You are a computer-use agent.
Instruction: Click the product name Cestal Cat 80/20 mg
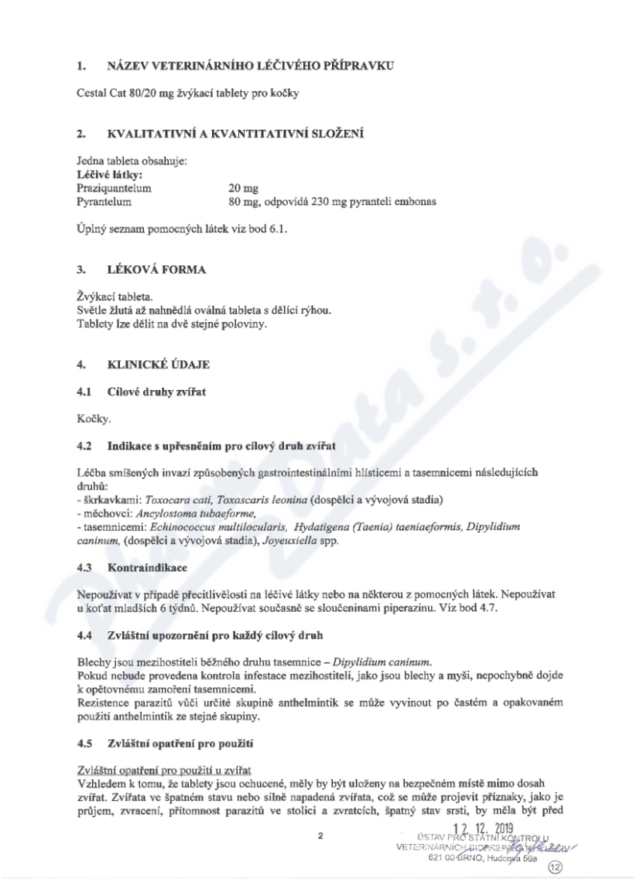click(120, 95)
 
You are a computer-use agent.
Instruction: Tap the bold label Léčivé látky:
click(102, 174)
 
